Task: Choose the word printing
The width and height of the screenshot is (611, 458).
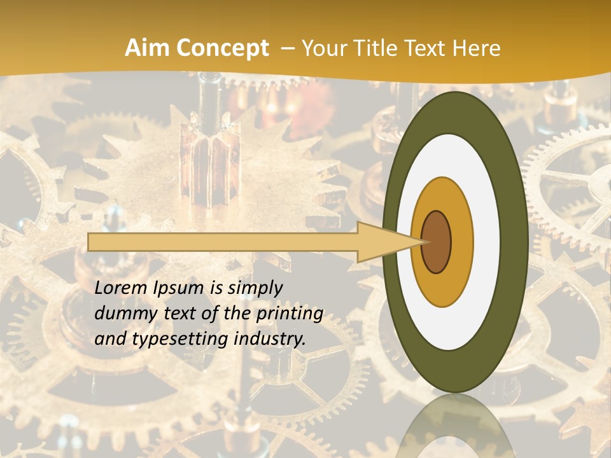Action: [289, 314]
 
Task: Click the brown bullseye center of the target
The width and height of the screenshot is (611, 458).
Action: [436, 242]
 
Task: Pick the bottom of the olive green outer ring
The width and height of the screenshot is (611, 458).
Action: [454, 375]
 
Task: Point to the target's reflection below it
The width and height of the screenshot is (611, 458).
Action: [456, 426]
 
